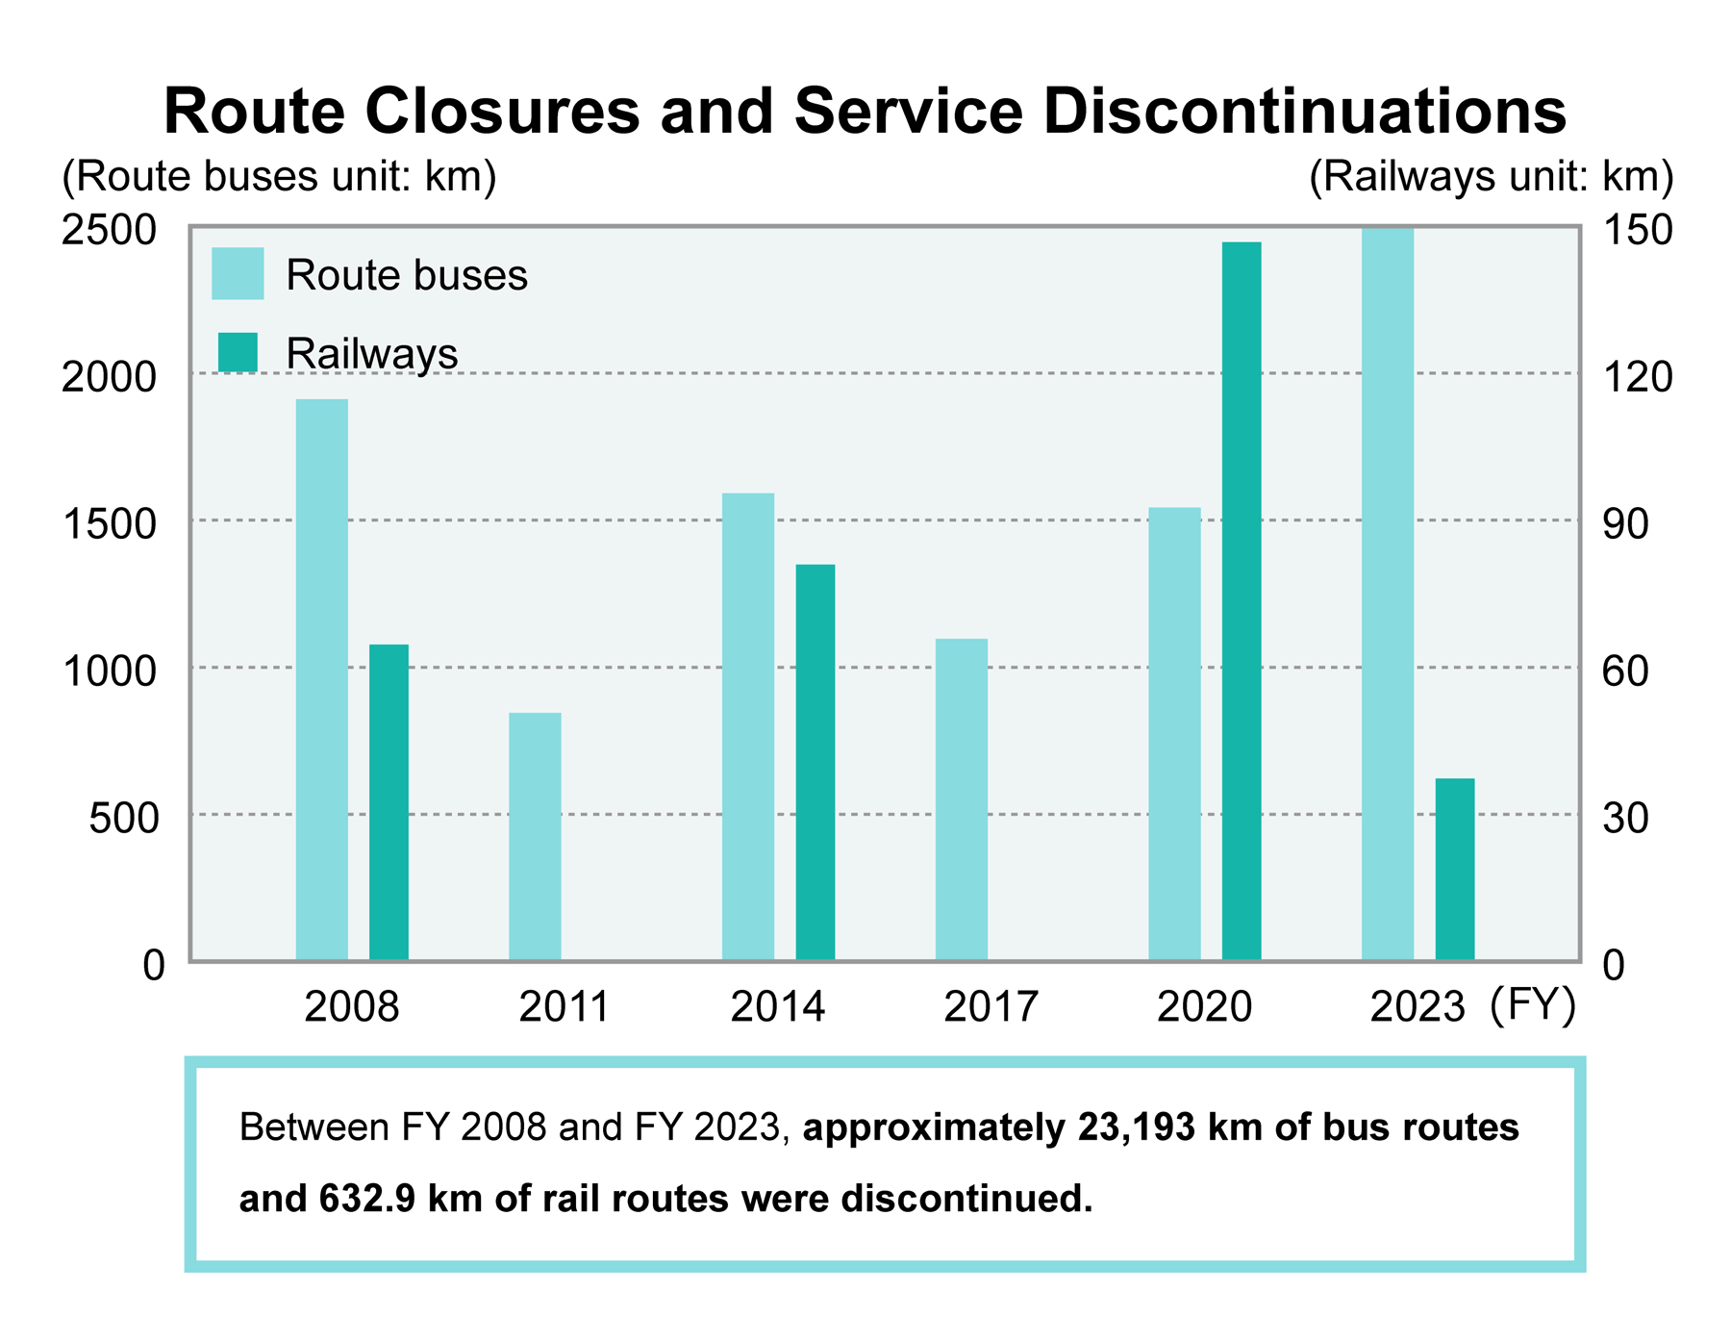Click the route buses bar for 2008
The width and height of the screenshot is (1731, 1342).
click(x=321, y=679)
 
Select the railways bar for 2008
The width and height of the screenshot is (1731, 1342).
click(x=389, y=801)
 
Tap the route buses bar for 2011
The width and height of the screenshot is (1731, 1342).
click(x=535, y=836)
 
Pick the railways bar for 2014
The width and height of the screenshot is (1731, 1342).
click(x=815, y=762)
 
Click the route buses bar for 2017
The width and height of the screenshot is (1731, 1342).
click(x=962, y=799)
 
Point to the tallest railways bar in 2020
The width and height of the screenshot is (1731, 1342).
click(x=1242, y=600)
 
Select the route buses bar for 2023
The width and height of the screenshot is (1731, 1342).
click(x=1388, y=595)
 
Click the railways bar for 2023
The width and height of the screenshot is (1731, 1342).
click(x=1455, y=869)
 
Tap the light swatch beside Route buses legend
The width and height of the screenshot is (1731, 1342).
click(x=238, y=274)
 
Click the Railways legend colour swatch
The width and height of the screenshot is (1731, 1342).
click(x=238, y=352)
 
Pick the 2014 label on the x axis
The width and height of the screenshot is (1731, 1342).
click(x=777, y=1007)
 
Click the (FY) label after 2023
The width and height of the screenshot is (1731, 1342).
click(x=1533, y=1005)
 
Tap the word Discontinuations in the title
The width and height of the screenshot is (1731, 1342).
click(x=1304, y=112)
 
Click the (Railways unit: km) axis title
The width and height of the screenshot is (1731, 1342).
click(x=1492, y=177)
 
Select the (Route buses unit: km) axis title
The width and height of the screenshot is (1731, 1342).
click(x=279, y=177)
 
